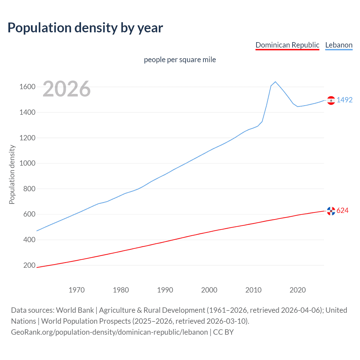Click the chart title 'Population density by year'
point(85,28)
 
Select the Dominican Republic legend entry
point(287,45)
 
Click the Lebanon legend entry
point(339,45)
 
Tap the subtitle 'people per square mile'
point(180,60)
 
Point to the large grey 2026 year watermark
point(67,89)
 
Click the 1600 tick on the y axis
point(27,87)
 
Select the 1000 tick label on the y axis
point(27,163)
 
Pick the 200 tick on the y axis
point(29,265)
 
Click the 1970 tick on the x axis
point(76,290)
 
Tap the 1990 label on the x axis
point(165,290)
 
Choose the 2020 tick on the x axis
point(298,290)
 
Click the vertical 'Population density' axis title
point(12,174)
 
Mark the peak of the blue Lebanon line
point(275,82)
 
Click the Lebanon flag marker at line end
point(331,100)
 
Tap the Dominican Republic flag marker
point(331,211)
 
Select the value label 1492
point(345,100)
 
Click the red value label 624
point(343,210)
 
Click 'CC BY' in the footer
point(223,332)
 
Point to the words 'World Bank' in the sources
point(75,310)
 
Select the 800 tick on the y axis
point(29,189)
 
